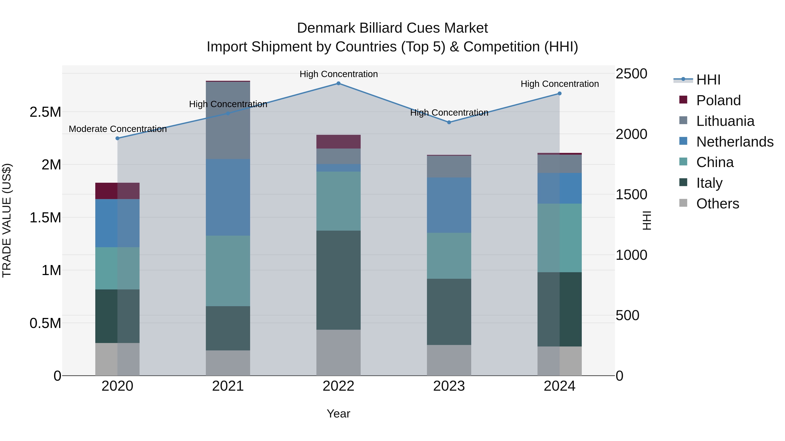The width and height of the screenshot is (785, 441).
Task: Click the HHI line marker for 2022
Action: pos(338,83)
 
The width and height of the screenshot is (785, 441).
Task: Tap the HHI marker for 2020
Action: pos(117,138)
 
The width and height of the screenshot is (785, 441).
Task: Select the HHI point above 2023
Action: pos(449,122)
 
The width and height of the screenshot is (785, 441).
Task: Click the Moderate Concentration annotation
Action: pos(118,129)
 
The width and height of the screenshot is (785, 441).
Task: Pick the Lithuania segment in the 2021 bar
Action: pos(228,120)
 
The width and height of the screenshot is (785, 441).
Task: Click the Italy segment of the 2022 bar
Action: pos(338,280)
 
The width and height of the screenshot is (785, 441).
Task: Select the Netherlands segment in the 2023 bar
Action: pos(449,205)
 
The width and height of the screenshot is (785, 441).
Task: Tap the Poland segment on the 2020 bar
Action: pos(117,191)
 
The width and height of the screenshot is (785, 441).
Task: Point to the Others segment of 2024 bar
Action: pos(560,361)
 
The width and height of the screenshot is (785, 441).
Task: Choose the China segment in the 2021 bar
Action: pos(228,271)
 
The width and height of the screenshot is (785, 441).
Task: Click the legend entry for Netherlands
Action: pos(735,142)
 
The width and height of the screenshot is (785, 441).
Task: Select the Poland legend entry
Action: pos(718,100)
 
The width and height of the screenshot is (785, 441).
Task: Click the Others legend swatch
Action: pos(683,203)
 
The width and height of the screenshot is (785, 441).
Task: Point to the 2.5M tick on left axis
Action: pos(45,112)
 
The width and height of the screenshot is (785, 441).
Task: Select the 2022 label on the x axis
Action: pos(338,386)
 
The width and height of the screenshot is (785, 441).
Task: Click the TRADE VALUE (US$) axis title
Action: pos(7,220)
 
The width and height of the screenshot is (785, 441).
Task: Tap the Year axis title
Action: pos(338,414)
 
